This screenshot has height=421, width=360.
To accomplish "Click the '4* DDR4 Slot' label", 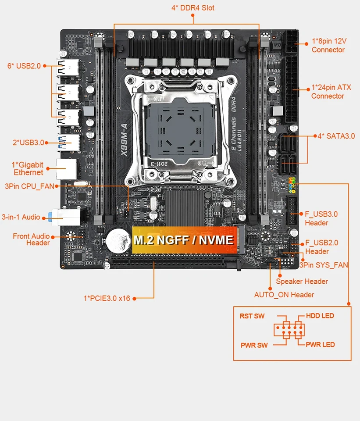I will [x=193, y=8].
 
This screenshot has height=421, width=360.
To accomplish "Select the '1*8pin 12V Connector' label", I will [x=329, y=45].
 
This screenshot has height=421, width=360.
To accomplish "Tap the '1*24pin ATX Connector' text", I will [x=331, y=92].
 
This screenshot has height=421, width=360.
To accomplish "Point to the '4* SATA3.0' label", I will [x=336, y=136].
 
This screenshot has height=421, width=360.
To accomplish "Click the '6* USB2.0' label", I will [x=24, y=66].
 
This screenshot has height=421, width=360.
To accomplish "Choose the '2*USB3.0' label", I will [x=29, y=143].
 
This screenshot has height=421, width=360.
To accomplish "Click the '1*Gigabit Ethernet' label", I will [x=28, y=168].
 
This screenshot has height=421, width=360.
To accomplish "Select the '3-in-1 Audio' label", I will [x=21, y=217].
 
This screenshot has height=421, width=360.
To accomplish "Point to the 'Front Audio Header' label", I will [x=32, y=239].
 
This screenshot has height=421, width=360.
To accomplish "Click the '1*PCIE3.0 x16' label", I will [x=107, y=298].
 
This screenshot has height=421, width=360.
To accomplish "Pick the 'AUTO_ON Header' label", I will [x=284, y=295].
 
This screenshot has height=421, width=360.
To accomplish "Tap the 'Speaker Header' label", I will [x=302, y=282].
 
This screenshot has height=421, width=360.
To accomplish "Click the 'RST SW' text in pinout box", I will [x=252, y=316].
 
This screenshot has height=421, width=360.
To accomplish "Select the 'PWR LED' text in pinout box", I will [x=320, y=345].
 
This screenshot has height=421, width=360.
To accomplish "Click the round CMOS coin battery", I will [x=117, y=239].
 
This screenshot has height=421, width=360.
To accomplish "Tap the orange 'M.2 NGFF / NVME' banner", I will [x=184, y=240].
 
